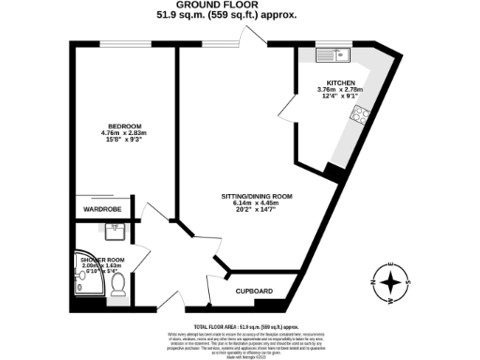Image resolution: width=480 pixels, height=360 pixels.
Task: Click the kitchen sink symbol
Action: click(330, 54)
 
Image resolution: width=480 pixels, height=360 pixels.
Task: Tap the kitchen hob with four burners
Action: click(358, 115)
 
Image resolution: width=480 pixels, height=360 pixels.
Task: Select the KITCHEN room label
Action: click(340, 82)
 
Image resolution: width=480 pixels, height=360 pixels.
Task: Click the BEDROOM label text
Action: click(124, 127)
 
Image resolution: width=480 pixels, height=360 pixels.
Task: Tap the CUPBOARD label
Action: click(253, 292)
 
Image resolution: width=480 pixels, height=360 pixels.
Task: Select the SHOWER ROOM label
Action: click(103, 259)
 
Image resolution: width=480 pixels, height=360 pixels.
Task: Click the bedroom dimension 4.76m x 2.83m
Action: click(124, 133)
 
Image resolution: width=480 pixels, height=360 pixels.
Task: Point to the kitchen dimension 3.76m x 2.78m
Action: click(340, 90)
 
